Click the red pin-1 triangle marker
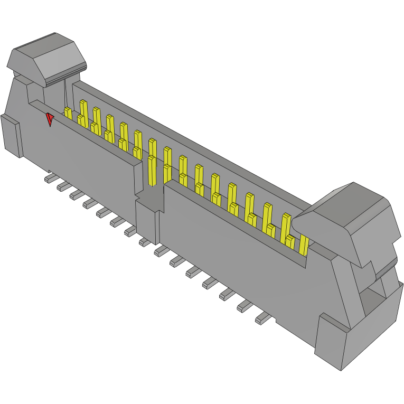[x=50, y=119]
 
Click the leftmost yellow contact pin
[x=68, y=112]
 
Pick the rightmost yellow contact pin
[x=304, y=245]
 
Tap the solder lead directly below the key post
[x=144, y=241]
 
